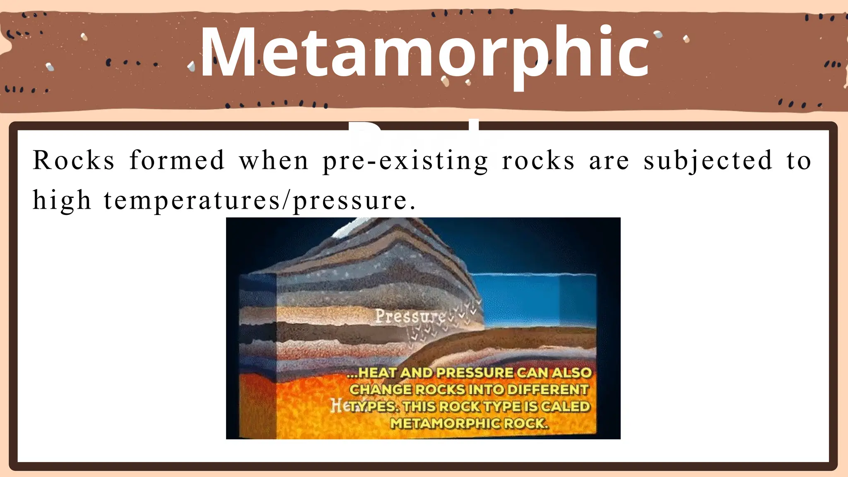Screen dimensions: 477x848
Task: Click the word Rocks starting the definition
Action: (73, 161)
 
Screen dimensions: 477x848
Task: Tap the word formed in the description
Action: (177, 161)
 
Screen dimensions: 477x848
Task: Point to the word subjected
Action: (708, 161)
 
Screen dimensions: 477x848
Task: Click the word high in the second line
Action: (62, 201)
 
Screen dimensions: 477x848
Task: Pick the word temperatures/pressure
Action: (259, 201)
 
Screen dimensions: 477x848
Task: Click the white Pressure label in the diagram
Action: (410, 317)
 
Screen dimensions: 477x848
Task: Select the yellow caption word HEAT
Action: (377, 373)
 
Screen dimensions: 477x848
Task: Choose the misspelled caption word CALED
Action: (565, 407)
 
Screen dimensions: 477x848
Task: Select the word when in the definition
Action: (274, 161)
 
